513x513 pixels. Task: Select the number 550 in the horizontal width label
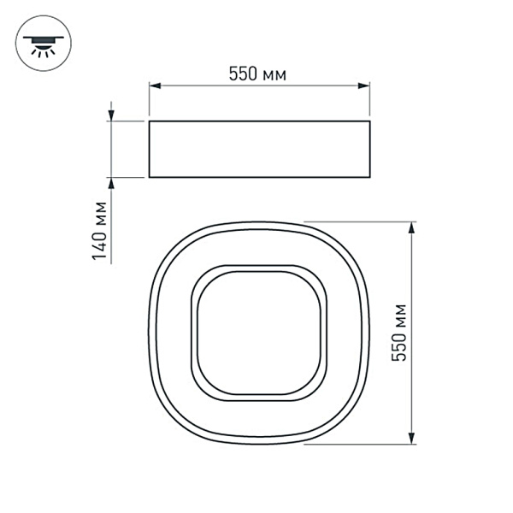(x=243, y=74)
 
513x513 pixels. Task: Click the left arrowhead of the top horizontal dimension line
(x=155, y=85)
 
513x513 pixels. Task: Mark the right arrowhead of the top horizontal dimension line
(x=365, y=85)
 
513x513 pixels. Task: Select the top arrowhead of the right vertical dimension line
(x=413, y=227)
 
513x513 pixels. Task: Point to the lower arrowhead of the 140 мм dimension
(x=111, y=183)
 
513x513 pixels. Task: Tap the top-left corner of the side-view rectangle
(x=149, y=121)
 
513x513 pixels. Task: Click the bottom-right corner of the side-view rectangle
(x=370, y=177)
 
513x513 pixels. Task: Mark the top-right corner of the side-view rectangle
(x=370, y=121)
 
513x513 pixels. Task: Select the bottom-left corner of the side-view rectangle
(x=149, y=177)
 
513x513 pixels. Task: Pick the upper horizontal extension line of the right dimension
(x=359, y=221)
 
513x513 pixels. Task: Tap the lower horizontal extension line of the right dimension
(x=359, y=445)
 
